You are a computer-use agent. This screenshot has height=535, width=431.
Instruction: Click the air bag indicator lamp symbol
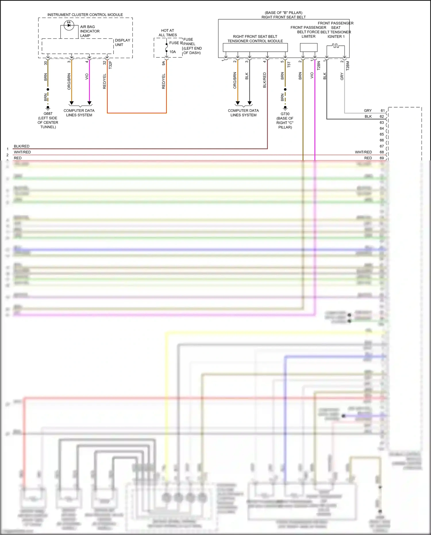click(x=69, y=25)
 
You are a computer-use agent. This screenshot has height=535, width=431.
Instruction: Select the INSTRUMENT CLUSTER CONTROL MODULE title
click(x=85, y=15)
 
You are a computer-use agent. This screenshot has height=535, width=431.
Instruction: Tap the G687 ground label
click(x=48, y=114)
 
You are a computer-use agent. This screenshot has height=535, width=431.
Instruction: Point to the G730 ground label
click(x=285, y=114)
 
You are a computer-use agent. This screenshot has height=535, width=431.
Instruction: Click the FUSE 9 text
click(x=176, y=43)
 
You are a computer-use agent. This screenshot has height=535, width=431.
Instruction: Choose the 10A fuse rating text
click(x=172, y=52)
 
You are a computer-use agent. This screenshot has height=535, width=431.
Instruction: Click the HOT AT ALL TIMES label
click(x=168, y=33)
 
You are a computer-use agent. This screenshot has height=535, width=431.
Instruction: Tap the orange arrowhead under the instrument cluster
click(x=72, y=103)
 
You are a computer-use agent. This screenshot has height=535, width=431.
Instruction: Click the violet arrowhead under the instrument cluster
click(x=89, y=103)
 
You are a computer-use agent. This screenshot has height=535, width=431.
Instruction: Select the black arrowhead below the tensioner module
click(x=249, y=103)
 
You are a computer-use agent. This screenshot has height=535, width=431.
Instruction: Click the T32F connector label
click(x=110, y=65)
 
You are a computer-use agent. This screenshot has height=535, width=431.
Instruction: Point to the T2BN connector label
click(x=319, y=66)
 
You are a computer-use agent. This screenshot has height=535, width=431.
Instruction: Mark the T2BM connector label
click(x=348, y=66)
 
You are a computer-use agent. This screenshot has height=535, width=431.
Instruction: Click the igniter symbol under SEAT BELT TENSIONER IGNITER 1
click(x=336, y=46)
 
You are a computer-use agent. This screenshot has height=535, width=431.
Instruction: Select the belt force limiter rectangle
click(x=309, y=47)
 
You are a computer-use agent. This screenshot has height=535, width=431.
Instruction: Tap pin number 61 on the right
click(x=382, y=110)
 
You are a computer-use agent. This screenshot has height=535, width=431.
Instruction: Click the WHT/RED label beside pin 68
click(x=363, y=152)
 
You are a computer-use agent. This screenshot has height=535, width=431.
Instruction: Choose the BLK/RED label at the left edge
click(x=22, y=146)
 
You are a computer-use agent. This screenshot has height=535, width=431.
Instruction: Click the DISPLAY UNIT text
click(x=122, y=43)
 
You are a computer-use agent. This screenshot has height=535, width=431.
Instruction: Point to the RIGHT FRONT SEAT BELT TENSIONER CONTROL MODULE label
click(x=255, y=39)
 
